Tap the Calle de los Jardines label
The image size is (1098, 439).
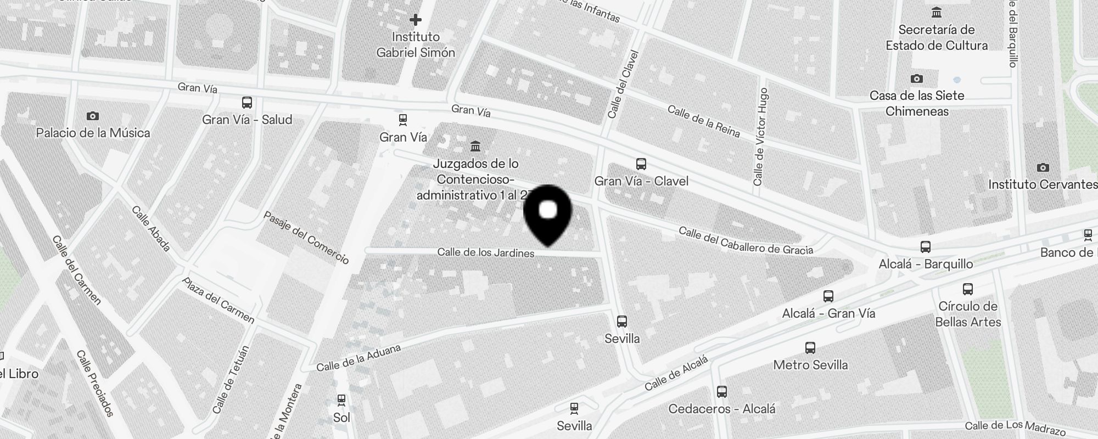[x=486, y=253]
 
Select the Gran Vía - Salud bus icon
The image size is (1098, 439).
[x=247, y=103]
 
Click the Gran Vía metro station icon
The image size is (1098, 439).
[x=403, y=120]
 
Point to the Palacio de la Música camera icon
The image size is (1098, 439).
[x=93, y=116]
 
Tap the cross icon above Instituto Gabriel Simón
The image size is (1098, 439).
[x=416, y=20]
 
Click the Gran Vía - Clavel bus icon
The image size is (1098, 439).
[x=641, y=164]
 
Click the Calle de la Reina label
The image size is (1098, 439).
[x=703, y=121]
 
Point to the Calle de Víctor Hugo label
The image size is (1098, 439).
[x=760, y=137]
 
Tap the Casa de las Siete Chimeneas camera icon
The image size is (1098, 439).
[x=916, y=78]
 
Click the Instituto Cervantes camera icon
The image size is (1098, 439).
[x=1043, y=167]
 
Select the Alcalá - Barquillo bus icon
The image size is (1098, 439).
[x=926, y=246]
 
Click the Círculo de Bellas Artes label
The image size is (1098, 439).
[x=968, y=314]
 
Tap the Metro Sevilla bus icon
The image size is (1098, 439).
[x=810, y=347]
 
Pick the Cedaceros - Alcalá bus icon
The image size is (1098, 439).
[x=722, y=392]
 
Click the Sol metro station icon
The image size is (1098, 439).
[x=341, y=399]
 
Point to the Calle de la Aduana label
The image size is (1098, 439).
[x=358, y=358]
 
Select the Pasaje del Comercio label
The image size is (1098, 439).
[x=306, y=237]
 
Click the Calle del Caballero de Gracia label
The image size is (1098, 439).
[x=746, y=241]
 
